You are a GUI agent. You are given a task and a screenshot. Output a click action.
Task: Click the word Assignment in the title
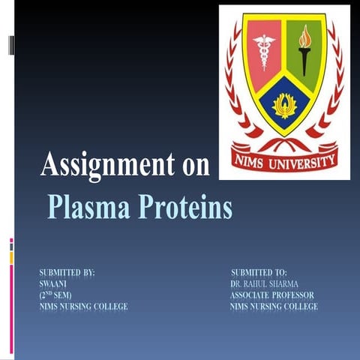(x=104, y=165)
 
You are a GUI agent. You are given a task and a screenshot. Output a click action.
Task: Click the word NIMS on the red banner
(x=253, y=159)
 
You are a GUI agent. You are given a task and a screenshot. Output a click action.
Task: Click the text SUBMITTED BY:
(x=67, y=272)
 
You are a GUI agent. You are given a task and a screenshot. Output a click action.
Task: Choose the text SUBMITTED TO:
(x=259, y=272)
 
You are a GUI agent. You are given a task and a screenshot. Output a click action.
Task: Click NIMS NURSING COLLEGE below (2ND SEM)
(x=83, y=307)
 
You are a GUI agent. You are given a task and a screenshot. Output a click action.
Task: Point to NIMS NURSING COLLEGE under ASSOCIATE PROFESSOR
(x=274, y=307)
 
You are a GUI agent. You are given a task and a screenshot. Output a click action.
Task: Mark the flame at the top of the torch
(x=304, y=34)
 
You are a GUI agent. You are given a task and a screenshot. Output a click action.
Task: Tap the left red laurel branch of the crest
(x=232, y=82)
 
